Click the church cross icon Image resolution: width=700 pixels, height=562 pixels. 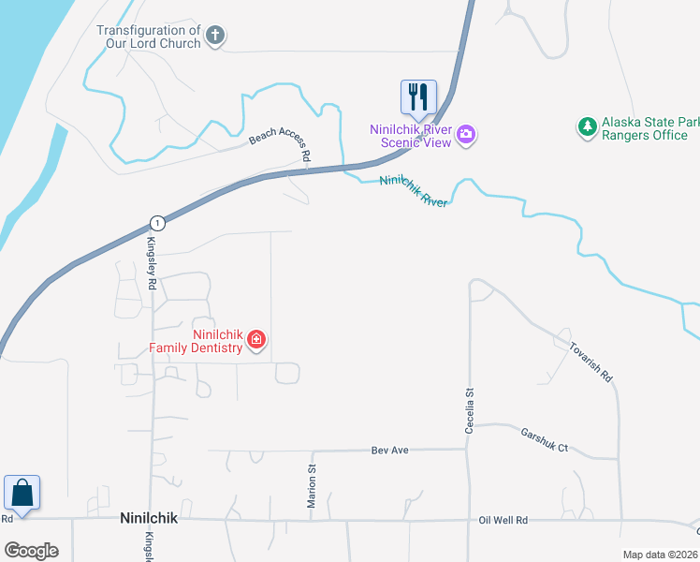[215, 37]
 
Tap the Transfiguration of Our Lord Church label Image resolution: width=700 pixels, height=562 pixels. [150, 37]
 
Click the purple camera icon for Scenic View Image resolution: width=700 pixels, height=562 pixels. [466, 136]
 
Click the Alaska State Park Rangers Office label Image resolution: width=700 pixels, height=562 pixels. [645, 128]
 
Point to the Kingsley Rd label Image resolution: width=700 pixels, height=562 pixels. [151, 262]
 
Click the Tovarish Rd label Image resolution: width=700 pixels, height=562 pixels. [591, 362]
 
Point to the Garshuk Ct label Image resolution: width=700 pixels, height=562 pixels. [545, 440]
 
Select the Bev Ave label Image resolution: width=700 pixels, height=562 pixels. [390, 451]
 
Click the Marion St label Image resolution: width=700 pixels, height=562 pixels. [313, 486]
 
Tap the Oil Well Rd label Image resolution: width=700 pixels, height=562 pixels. [503, 520]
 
